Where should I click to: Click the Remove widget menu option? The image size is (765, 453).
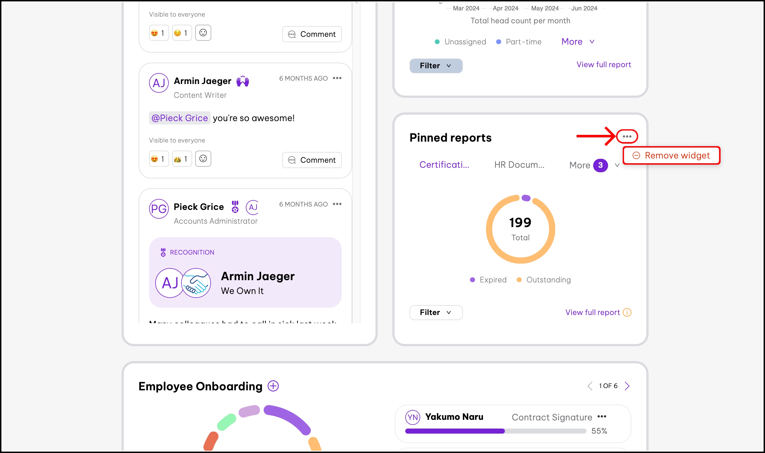click(x=671, y=155)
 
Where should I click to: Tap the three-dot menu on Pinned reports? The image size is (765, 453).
click(x=627, y=137)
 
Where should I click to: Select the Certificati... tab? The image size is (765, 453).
click(x=444, y=165)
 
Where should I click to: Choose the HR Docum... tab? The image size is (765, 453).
click(x=519, y=165)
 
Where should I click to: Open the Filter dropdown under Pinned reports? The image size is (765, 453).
click(x=436, y=312)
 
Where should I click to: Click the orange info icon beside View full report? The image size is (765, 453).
click(x=627, y=312)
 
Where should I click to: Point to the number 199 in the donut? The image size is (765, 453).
click(x=520, y=223)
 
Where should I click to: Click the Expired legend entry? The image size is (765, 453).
click(x=488, y=280)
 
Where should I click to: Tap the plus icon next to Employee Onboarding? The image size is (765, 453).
click(x=273, y=386)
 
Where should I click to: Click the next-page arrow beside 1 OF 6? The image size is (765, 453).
click(x=627, y=386)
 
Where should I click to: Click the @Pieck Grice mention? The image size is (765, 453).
click(x=179, y=118)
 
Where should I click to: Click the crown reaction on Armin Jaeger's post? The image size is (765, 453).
click(x=181, y=159)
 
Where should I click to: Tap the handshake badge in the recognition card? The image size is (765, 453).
click(x=196, y=283)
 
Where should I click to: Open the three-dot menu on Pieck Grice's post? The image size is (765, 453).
click(x=337, y=204)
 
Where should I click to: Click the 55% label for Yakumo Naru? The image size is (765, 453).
click(x=599, y=431)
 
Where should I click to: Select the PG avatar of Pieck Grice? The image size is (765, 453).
click(x=159, y=209)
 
